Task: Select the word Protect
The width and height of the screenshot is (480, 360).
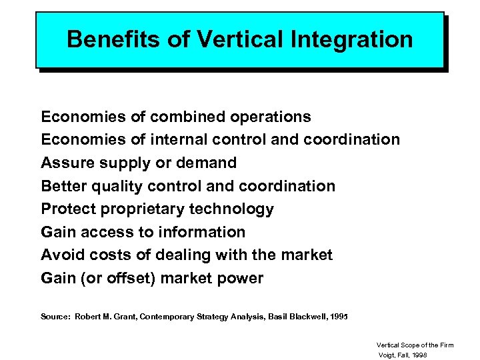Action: [69, 209]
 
